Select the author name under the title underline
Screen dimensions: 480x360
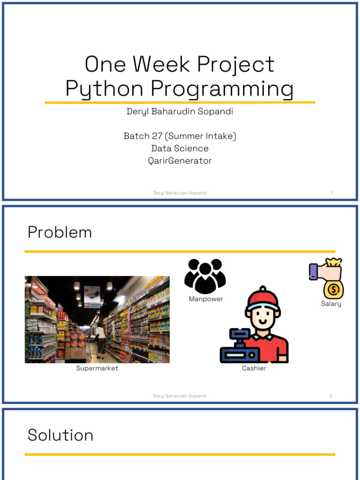click(180, 112)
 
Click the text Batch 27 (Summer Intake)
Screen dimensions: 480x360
click(180, 136)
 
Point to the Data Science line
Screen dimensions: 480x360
click(180, 148)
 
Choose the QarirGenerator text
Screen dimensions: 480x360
click(180, 161)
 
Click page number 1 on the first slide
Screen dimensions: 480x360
click(331, 193)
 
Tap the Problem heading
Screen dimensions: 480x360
click(60, 232)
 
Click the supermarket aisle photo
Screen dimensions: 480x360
click(97, 319)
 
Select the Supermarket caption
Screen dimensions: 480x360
click(97, 368)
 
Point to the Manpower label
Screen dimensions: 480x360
click(206, 299)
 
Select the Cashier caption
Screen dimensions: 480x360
click(254, 368)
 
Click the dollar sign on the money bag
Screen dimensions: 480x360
click(334, 290)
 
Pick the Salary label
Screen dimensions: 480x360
click(331, 304)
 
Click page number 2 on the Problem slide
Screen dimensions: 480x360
click(331, 396)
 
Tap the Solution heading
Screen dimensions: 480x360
click(60, 435)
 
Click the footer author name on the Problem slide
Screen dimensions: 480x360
click(180, 396)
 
